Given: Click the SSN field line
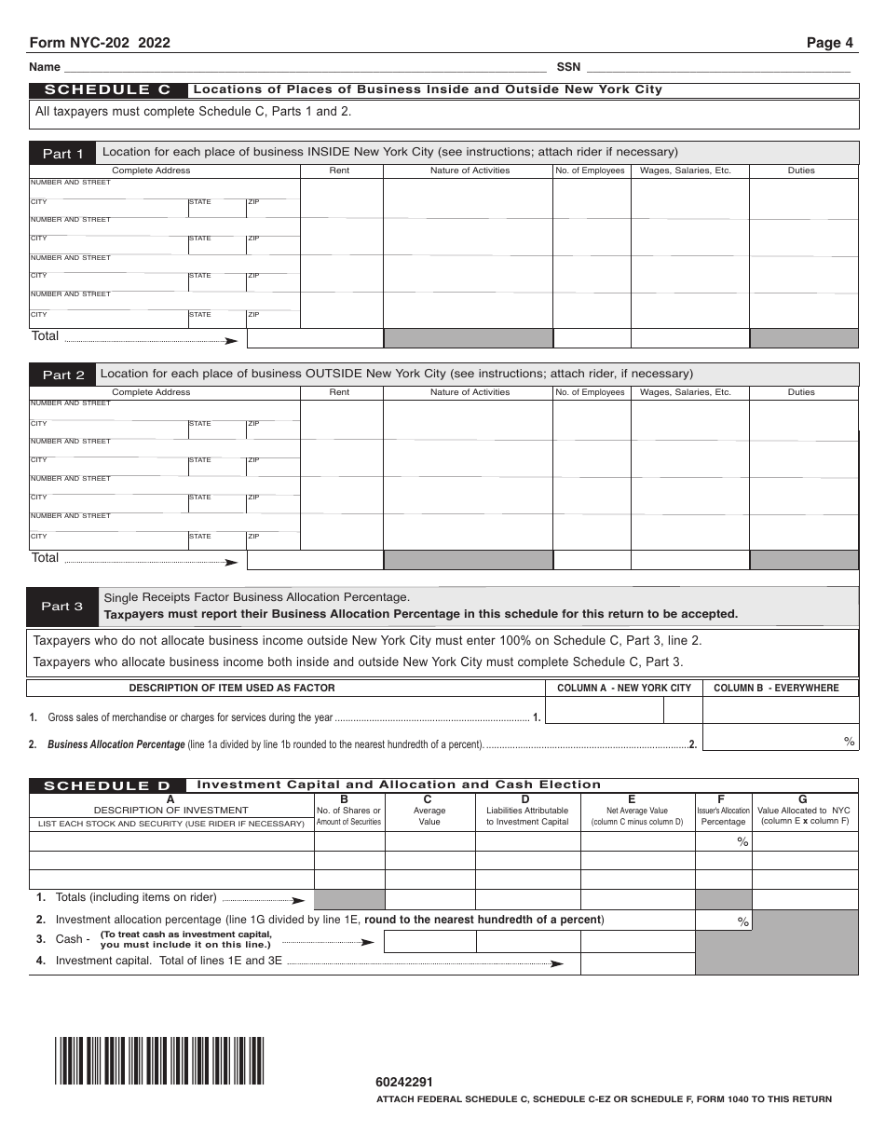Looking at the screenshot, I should coord(717,67).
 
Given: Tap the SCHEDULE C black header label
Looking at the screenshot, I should coord(108,90).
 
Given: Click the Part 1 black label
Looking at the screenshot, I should coord(62,154).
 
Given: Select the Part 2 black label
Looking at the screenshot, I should coord(62,375).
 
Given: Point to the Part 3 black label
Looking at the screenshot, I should coord(62,607).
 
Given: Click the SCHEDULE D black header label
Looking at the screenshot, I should coord(107,785).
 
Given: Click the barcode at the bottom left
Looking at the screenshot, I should coord(159,1060).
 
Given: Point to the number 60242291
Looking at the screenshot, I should coord(404,1083).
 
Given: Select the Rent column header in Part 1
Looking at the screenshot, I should coord(340,171).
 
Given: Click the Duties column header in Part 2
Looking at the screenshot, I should coord(801,392).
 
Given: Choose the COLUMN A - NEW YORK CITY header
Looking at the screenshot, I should coord(623,688).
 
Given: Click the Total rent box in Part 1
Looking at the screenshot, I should coord(315,337).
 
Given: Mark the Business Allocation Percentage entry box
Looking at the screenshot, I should coord(780,739).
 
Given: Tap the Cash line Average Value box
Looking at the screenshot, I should coord(429,941).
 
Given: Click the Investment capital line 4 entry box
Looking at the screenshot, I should coord(637,963).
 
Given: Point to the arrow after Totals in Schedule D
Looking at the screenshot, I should coord(298,901).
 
